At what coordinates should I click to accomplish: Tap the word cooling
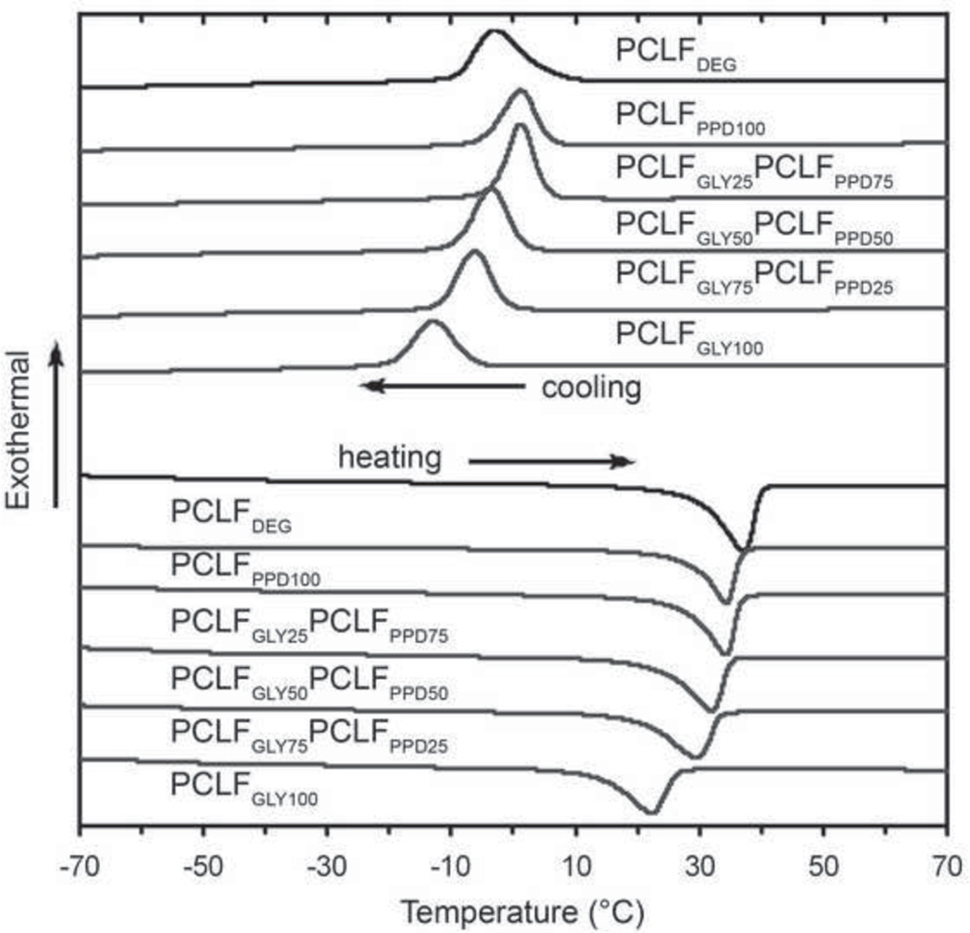click(x=590, y=388)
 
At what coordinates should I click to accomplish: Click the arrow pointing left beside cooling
click(x=442, y=386)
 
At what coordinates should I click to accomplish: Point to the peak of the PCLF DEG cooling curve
click(x=495, y=32)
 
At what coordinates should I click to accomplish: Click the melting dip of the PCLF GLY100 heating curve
click(x=652, y=812)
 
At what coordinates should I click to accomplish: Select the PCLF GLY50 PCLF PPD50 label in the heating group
click(x=309, y=682)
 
